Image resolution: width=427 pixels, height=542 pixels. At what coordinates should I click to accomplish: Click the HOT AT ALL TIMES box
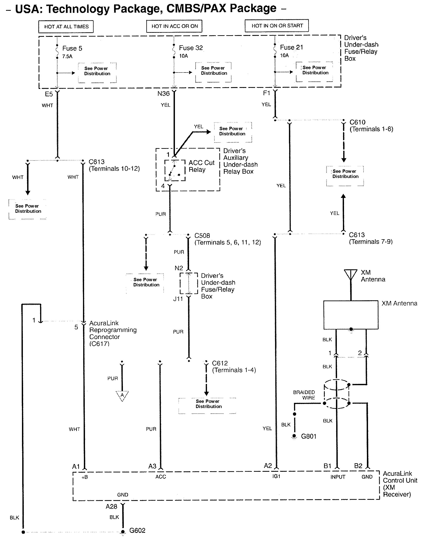pyautogui.click(x=66, y=27)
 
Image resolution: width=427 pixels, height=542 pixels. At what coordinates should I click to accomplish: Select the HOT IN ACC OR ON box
pyautogui.click(x=174, y=26)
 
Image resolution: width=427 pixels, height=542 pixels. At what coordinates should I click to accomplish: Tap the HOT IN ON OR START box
pyautogui.click(x=277, y=26)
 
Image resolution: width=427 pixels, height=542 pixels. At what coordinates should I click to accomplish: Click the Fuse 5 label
pyautogui.click(x=72, y=48)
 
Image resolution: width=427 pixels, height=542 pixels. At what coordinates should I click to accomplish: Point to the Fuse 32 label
pyautogui.click(x=191, y=48)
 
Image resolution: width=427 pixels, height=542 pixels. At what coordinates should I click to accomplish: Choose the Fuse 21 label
pyautogui.click(x=291, y=47)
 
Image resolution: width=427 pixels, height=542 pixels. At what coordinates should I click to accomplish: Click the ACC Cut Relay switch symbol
pyautogui.click(x=175, y=170)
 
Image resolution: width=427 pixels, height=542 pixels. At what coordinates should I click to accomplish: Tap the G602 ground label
pyautogui.click(x=137, y=531)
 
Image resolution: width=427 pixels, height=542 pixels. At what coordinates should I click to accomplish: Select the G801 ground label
pyautogui.click(x=309, y=436)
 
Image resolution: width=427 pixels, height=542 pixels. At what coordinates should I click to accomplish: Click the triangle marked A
pyautogui.click(x=122, y=395)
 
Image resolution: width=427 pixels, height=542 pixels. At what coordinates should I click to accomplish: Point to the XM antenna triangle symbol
pyautogui.click(x=351, y=274)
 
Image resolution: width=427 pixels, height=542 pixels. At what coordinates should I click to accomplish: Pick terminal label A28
pyautogui.click(x=111, y=507)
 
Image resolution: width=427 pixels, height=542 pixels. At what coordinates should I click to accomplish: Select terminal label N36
pyautogui.click(x=163, y=94)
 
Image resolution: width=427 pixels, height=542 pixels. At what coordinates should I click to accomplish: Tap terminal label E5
pyautogui.click(x=49, y=94)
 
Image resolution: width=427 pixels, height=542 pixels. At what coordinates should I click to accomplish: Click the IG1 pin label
pyautogui.click(x=276, y=476)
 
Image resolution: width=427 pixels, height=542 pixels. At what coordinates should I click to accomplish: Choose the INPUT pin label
pyautogui.click(x=338, y=477)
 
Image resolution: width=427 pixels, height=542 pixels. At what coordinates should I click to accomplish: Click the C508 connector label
pyautogui.click(x=202, y=236)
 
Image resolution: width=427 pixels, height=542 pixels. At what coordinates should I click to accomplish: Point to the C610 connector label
pyautogui.click(x=357, y=122)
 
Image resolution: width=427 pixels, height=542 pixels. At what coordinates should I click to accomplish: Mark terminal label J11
pyautogui.click(x=178, y=299)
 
